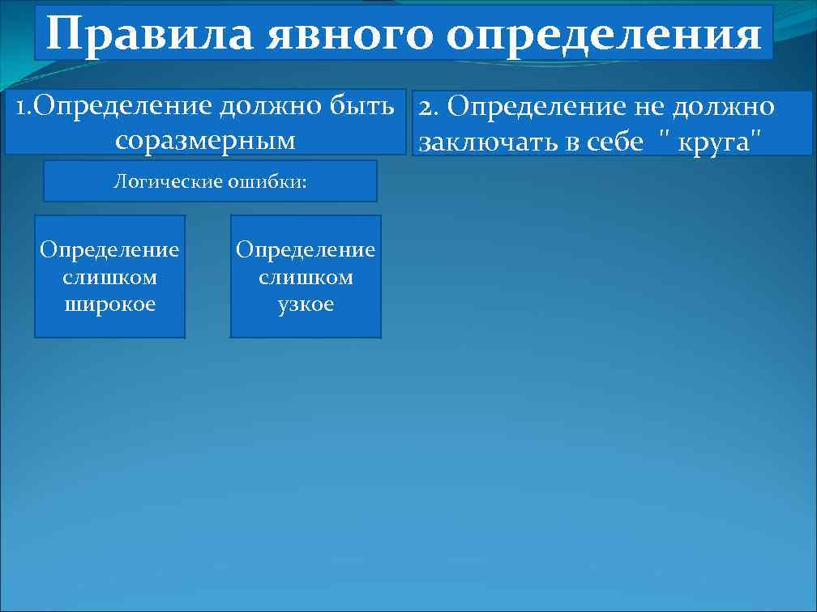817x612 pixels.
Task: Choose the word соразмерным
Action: coord(205,140)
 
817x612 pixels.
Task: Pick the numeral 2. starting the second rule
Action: coord(430,107)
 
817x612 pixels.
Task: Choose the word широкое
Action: coord(109,304)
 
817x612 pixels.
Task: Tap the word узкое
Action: coord(306,304)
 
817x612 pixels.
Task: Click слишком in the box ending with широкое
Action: coord(109,277)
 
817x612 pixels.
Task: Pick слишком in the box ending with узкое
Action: coord(306,277)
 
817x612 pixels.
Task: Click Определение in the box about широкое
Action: coord(109,249)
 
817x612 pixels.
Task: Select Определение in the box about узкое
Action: coord(306,249)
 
